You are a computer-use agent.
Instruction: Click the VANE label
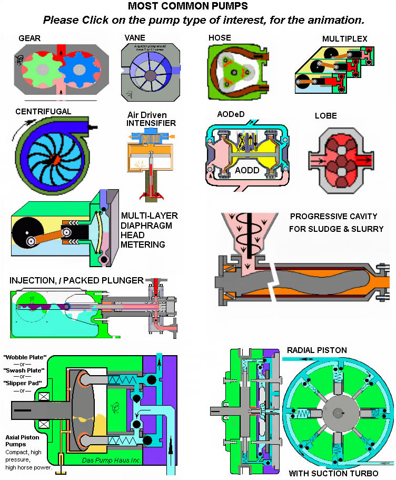(x=135, y=38)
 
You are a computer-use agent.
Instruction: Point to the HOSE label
(x=220, y=38)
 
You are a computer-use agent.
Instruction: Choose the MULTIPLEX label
(x=345, y=38)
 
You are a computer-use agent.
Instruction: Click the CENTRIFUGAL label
(x=43, y=112)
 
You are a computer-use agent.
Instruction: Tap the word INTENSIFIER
(x=151, y=123)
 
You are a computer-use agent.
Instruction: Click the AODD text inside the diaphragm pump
(x=246, y=171)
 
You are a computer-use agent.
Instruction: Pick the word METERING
(x=143, y=244)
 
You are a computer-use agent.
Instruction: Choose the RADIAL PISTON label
(x=317, y=350)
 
